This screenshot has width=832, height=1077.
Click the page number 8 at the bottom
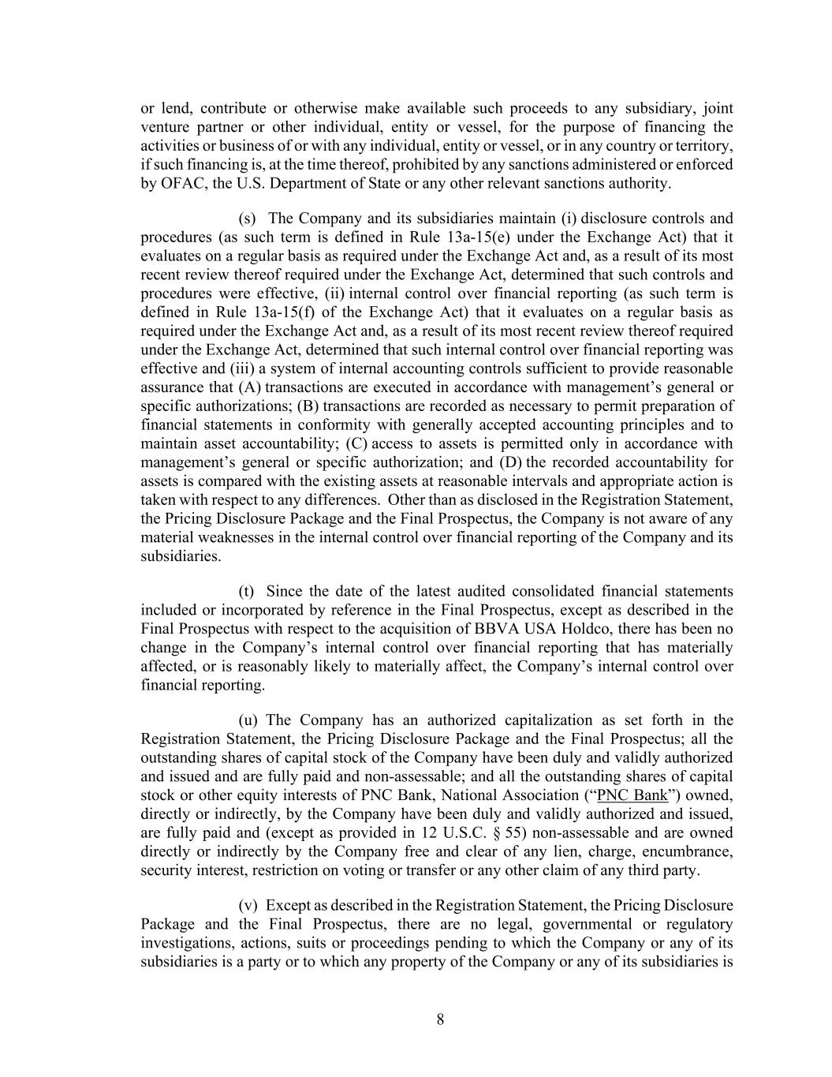(x=440, y=1019)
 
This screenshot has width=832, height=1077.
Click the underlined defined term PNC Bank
(x=632, y=795)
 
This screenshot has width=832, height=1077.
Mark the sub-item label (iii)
(x=239, y=368)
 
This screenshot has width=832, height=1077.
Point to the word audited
(x=480, y=592)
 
